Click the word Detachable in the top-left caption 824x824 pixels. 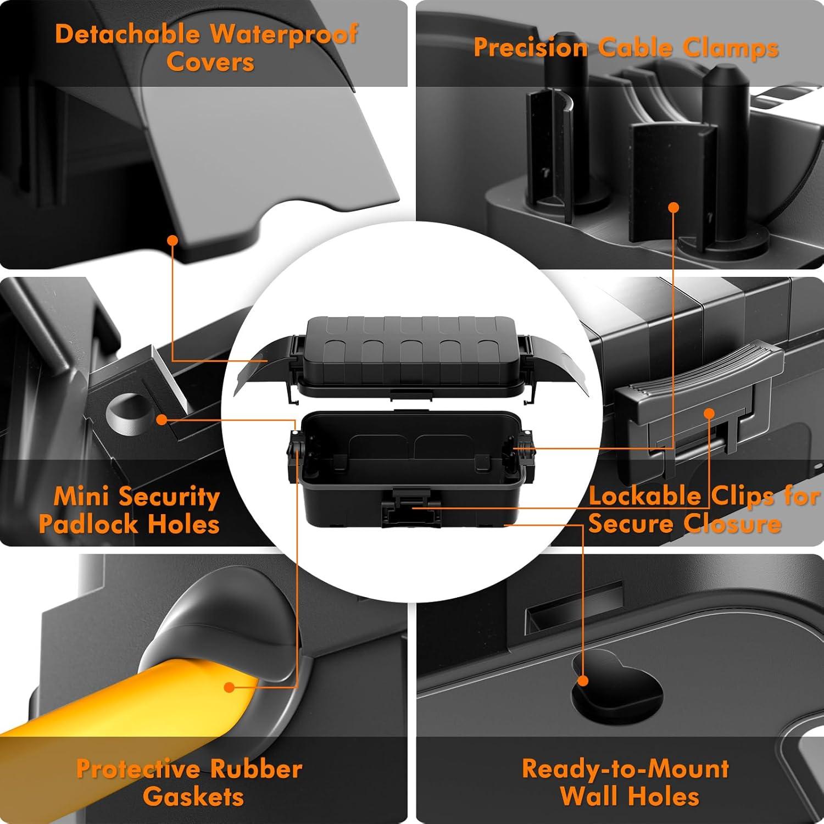[x=127, y=34]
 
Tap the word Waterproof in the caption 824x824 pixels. [x=284, y=34]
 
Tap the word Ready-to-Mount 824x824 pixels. [x=625, y=769]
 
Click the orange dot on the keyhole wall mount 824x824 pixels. [x=583, y=681]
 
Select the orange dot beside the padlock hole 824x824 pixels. [x=161, y=420]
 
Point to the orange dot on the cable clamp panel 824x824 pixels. [x=673, y=207]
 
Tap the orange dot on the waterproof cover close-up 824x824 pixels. [x=172, y=240]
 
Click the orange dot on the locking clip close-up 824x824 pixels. [x=709, y=413]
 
